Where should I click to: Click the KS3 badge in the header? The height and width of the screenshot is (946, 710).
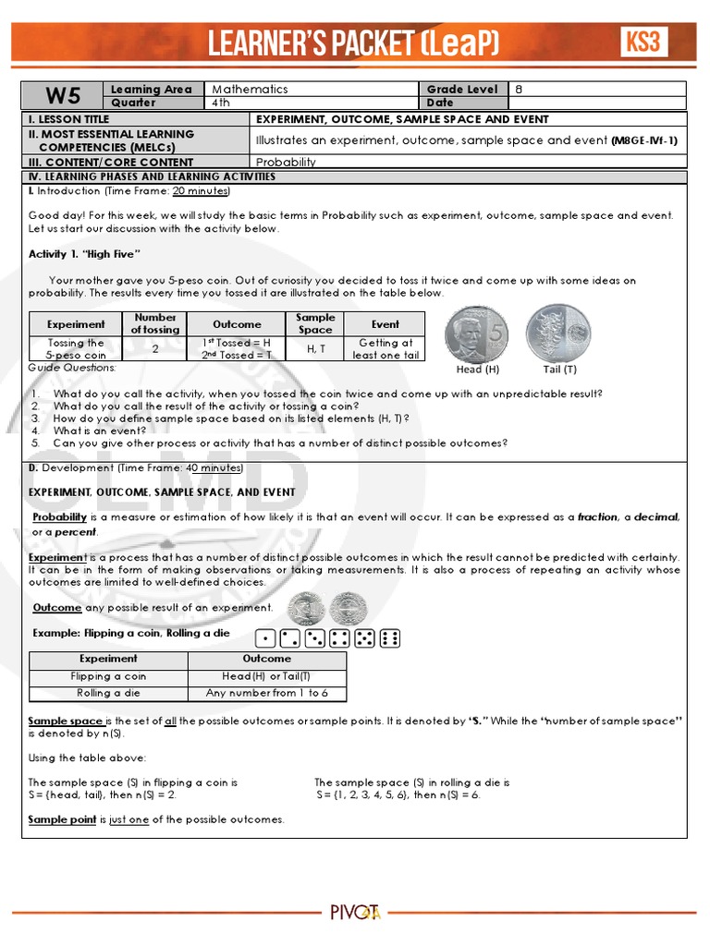click(x=643, y=42)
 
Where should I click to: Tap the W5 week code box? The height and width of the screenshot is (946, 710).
click(x=65, y=96)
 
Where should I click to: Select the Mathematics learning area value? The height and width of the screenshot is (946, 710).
click(x=251, y=90)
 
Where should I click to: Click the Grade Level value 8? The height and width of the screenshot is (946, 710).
click(x=519, y=90)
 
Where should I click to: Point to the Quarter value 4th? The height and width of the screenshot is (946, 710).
click(x=221, y=103)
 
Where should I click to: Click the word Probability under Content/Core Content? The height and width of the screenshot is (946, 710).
click(x=286, y=162)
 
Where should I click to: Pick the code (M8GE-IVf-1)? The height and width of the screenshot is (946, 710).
click(x=644, y=140)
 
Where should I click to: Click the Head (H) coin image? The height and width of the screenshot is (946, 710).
click(x=477, y=334)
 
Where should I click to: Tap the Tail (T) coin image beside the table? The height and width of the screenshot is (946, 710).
click(x=559, y=334)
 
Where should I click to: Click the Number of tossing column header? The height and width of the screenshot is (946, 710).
click(x=155, y=323)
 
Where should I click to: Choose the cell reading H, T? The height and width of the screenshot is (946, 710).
click(x=315, y=348)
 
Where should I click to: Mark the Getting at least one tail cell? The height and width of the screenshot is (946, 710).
click(x=386, y=348)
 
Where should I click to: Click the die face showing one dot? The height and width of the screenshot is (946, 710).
click(x=265, y=637)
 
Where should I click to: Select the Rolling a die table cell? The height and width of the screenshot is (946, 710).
click(x=108, y=693)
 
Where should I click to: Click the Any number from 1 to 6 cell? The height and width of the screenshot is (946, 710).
click(x=267, y=693)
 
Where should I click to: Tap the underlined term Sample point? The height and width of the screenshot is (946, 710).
click(x=62, y=819)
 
